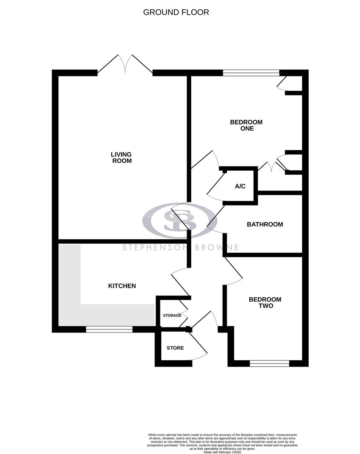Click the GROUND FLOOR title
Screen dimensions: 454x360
[x=176, y=12]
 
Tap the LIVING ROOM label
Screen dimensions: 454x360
[x=121, y=158]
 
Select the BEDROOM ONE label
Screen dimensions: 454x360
[x=246, y=125]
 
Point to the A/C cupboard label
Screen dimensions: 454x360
[x=240, y=186]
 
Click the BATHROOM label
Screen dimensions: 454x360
[x=265, y=224]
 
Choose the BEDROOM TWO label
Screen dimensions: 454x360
[x=265, y=303]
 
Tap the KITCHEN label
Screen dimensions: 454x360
[x=122, y=286]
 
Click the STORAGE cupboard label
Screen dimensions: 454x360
[x=172, y=315]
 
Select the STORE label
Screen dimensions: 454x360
[x=175, y=348]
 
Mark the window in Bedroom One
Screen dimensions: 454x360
[x=251, y=73]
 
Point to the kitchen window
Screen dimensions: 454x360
[x=109, y=330]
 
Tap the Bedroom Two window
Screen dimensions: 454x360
[x=269, y=363]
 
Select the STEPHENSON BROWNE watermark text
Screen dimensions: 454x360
[x=181, y=247]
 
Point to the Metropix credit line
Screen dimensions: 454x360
[x=223, y=452]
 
